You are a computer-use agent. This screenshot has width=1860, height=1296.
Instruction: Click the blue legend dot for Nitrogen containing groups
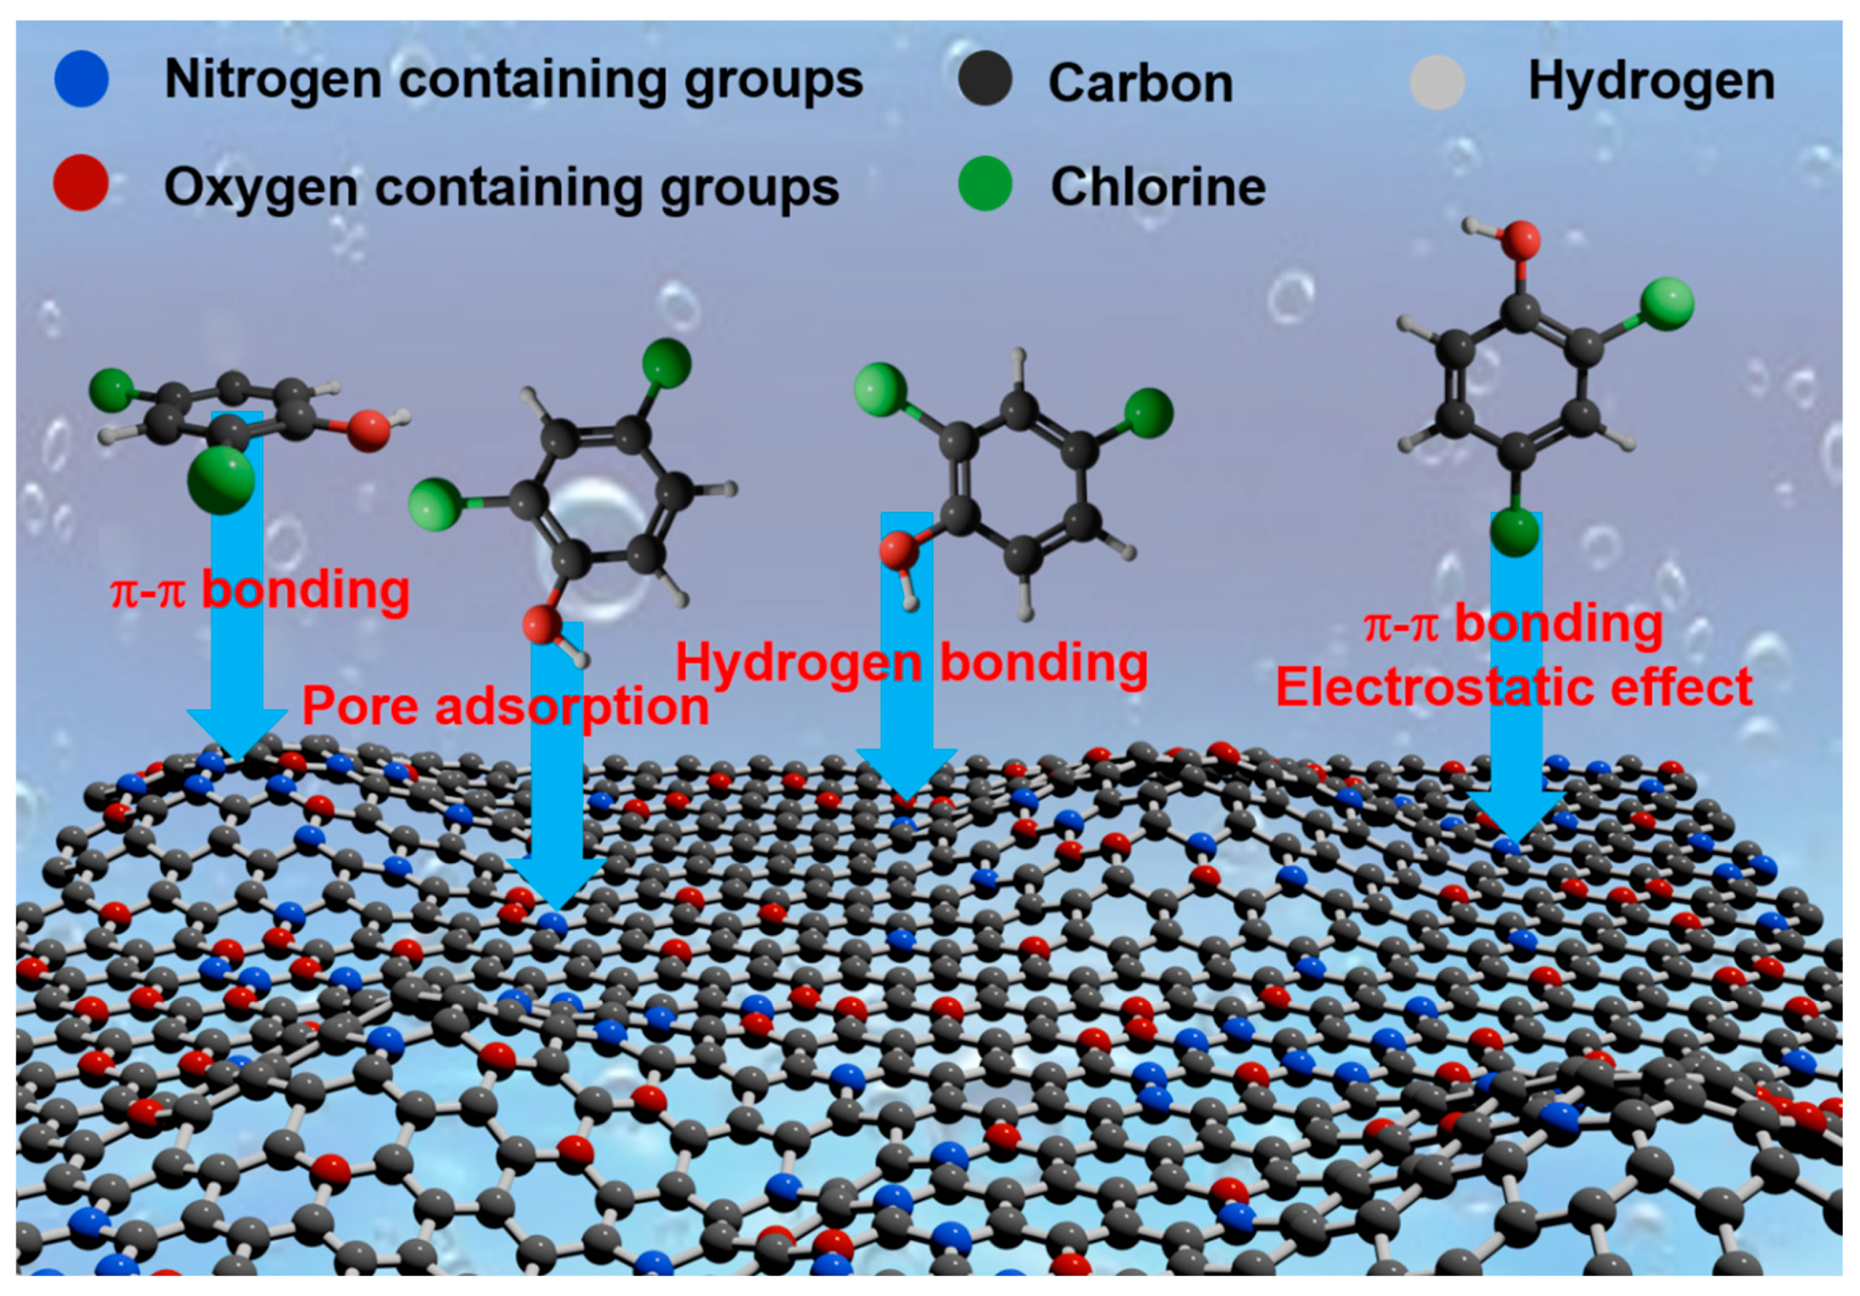(81, 79)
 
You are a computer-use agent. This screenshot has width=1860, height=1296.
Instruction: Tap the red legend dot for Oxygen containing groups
(80, 183)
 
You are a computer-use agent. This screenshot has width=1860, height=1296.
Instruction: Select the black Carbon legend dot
(984, 79)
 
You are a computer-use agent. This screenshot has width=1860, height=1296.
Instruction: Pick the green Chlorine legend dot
(984, 183)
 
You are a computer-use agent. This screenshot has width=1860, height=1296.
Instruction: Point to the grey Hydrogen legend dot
(1437, 82)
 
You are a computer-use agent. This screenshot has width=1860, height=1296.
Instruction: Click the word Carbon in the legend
(1140, 82)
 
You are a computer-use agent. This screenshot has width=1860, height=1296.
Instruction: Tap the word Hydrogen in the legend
(1651, 81)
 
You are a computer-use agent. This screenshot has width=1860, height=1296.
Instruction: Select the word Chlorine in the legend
(1158, 187)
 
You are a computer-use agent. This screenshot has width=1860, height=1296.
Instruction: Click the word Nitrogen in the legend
(273, 79)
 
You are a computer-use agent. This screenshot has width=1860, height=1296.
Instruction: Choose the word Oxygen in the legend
(259, 187)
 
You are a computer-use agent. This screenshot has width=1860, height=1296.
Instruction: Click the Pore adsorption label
(505, 706)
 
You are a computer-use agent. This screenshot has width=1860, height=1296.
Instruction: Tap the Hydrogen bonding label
(912, 663)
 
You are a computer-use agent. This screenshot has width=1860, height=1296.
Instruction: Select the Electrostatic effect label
(1513, 688)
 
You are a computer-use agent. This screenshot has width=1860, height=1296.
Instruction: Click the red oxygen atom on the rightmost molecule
(1520, 240)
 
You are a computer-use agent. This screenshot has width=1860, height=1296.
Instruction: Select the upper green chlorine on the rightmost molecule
(1666, 304)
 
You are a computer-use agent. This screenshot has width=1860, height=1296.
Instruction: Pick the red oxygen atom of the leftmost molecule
(369, 430)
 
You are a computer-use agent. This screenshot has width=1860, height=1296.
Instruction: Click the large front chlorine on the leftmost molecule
(221, 480)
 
